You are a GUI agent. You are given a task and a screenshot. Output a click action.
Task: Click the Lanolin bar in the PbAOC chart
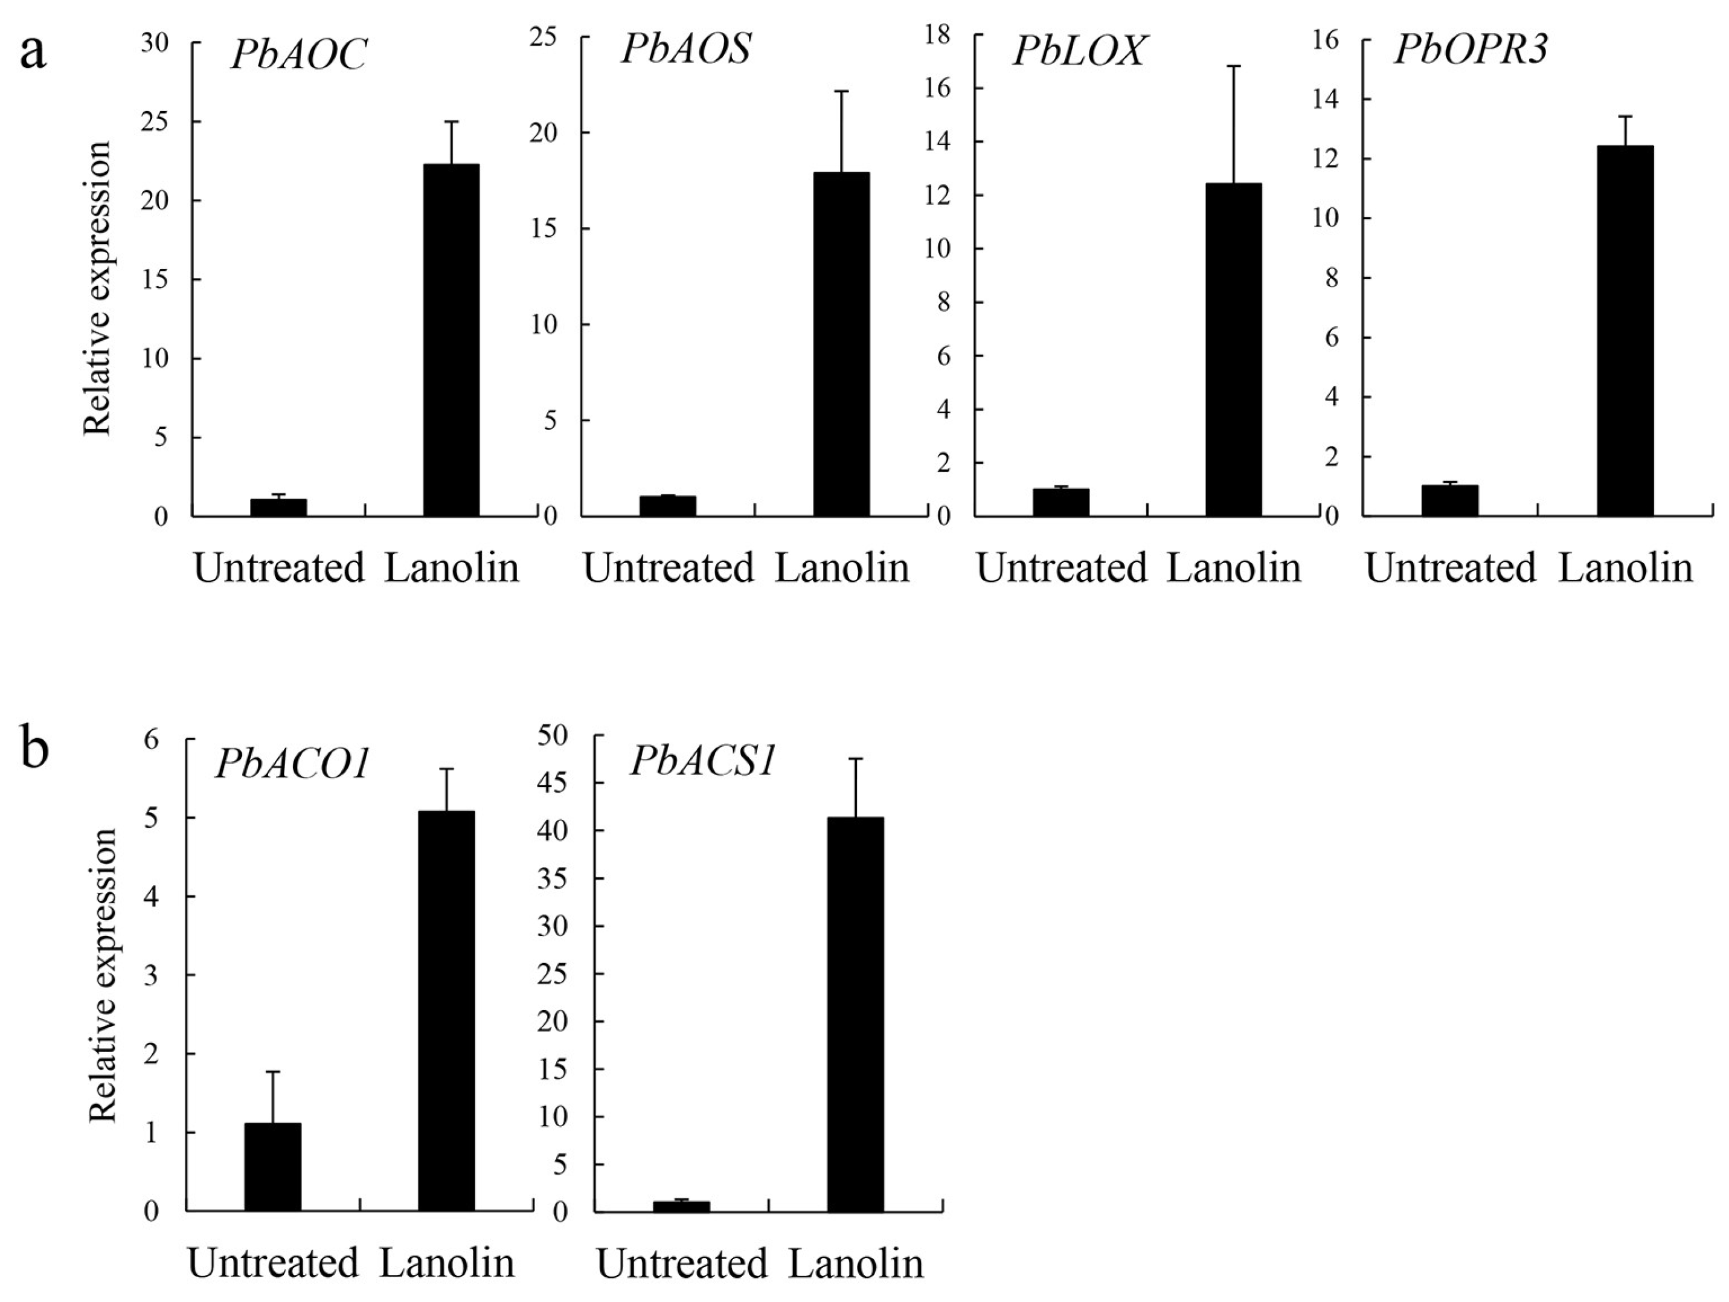451,340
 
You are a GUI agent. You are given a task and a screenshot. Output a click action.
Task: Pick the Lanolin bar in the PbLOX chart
1233,350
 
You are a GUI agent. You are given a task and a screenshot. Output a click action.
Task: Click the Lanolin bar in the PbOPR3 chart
1625,330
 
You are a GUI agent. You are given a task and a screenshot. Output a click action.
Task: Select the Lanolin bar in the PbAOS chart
841,344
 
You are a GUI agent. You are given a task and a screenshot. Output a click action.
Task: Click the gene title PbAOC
298,56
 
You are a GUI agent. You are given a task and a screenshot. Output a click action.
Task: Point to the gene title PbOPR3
1471,50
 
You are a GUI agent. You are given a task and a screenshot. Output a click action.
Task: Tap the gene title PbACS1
703,760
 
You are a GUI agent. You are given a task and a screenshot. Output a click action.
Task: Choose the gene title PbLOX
1079,51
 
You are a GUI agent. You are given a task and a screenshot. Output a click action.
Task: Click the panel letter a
33,53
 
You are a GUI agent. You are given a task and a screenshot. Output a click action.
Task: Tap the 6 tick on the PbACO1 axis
152,739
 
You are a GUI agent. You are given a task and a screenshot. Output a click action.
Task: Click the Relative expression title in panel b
103,975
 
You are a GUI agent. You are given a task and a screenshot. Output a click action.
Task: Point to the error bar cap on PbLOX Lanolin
1233,66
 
